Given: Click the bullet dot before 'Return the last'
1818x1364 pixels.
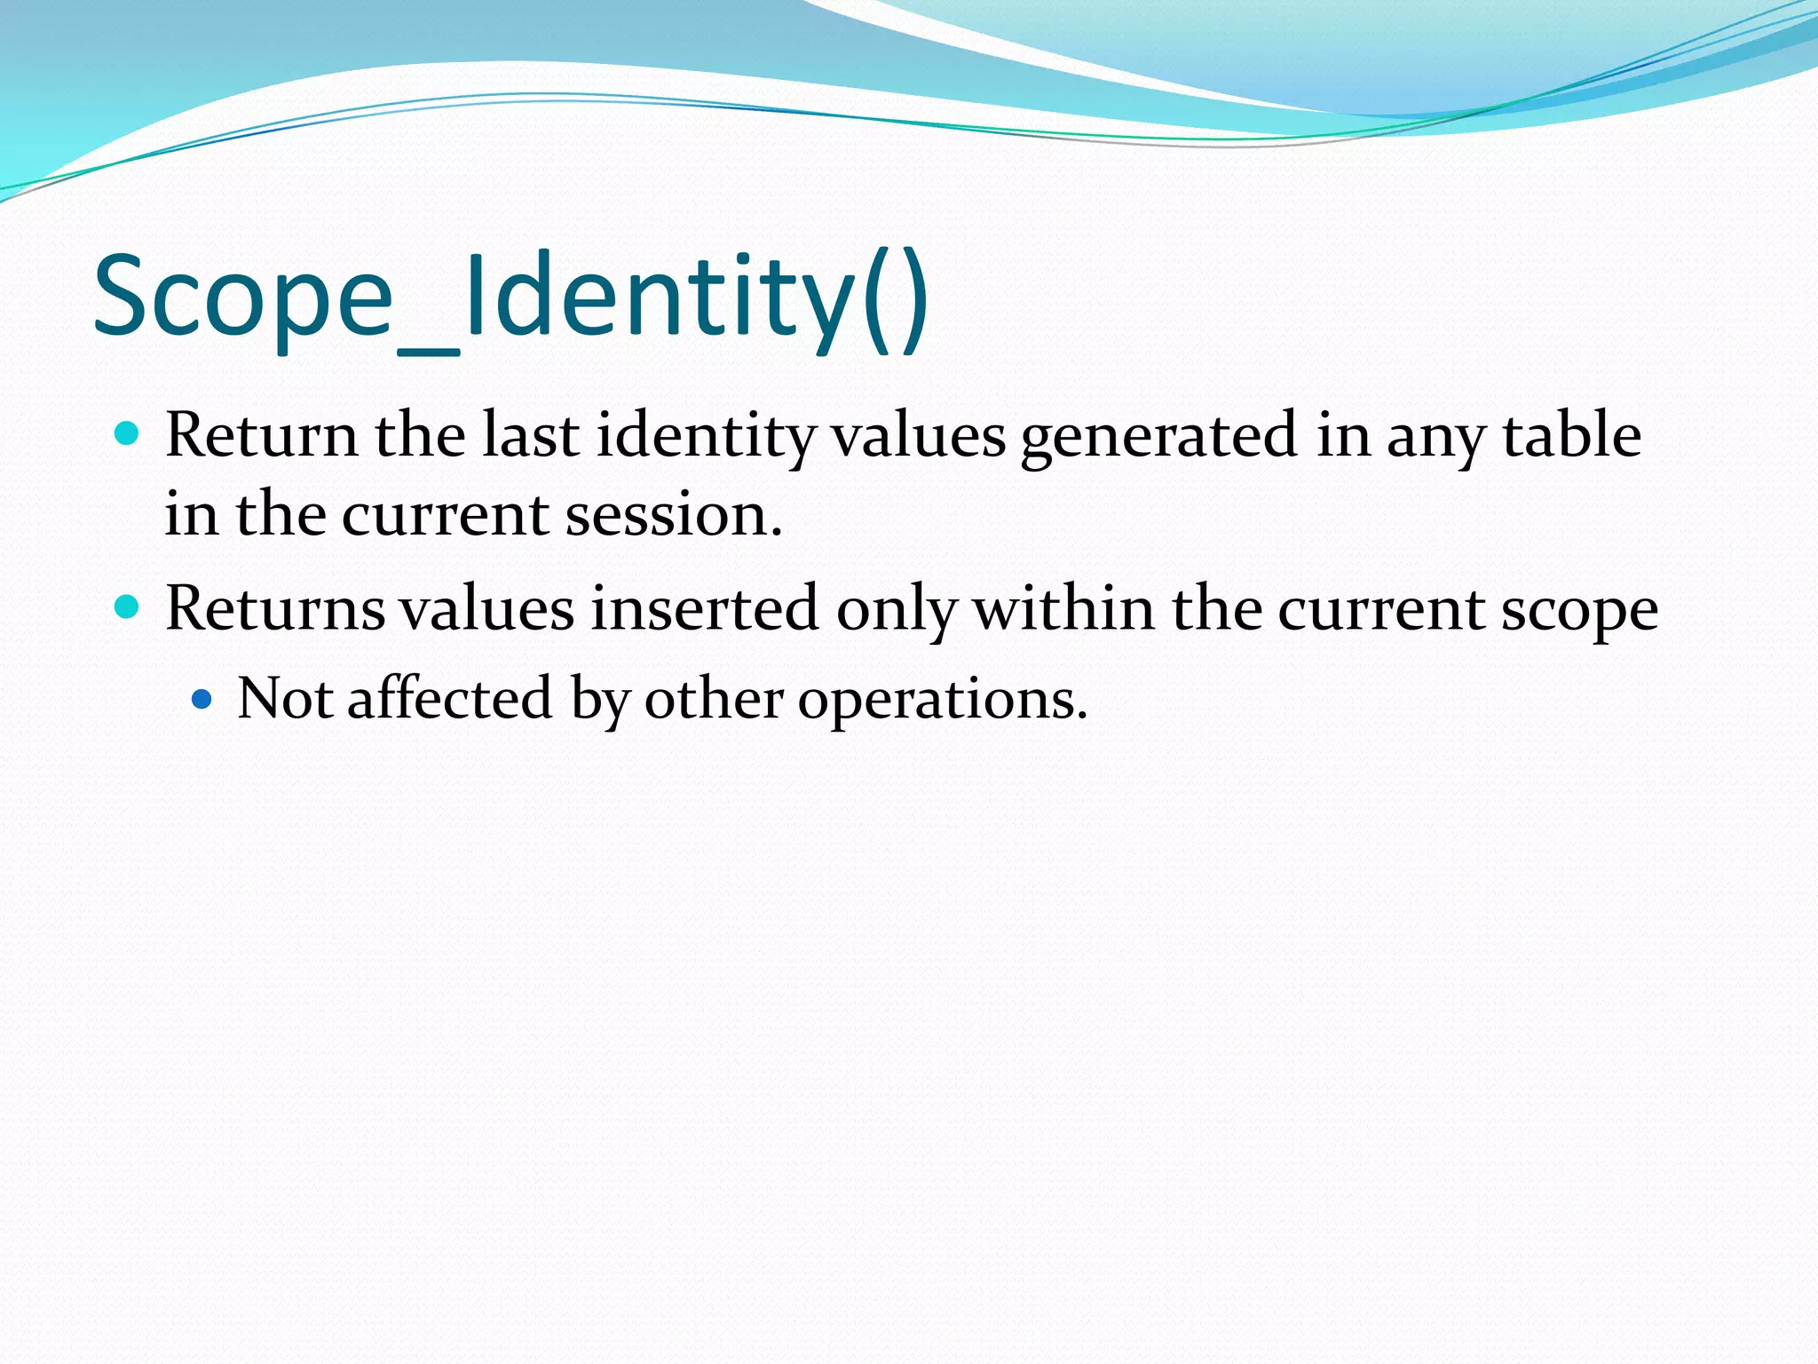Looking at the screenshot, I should pyautogui.click(x=128, y=433).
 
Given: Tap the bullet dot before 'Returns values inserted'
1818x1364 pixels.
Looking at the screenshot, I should pyautogui.click(x=128, y=607).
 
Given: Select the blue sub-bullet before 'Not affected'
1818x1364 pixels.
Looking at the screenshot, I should pyautogui.click(x=202, y=699).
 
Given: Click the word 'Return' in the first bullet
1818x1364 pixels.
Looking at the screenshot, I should pyautogui.click(x=261, y=435).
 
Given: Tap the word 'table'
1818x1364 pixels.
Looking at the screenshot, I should pyautogui.click(x=1571, y=435).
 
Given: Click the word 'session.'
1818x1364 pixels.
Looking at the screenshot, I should pyautogui.click(x=674, y=515).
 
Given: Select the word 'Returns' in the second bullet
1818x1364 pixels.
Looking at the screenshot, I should pyautogui.click(x=275, y=609).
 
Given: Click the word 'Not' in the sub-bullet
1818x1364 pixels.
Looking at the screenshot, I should pyautogui.click(x=284, y=699).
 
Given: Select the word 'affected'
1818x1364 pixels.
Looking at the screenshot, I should pyautogui.click(x=450, y=699).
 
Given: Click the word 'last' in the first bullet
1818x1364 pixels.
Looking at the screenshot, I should pyautogui.click(x=530, y=435).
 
